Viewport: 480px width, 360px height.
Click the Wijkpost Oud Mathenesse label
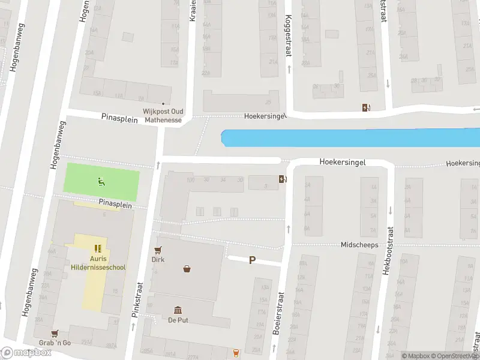point(162,115)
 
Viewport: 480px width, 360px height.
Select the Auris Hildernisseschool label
point(98,263)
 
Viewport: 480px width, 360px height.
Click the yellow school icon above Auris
point(98,248)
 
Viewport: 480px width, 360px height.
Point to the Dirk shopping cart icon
point(158,250)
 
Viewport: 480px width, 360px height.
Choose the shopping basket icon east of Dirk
point(188,268)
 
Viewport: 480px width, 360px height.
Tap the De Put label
point(178,320)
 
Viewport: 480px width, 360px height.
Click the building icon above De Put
point(178,310)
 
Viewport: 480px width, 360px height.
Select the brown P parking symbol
point(253,260)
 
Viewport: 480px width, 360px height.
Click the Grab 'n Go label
point(55,343)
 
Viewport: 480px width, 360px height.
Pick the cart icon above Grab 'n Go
point(55,333)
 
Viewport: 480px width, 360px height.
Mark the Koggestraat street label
point(288,35)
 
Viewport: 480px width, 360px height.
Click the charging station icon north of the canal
point(366,107)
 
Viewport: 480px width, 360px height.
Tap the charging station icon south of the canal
point(282,178)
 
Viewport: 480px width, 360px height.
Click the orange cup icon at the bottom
point(235,353)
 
